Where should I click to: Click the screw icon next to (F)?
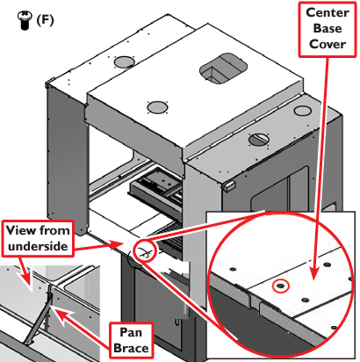click(x=25, y=20)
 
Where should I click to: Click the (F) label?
click(x=45, y=20)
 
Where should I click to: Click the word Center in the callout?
click(x=328, y=12)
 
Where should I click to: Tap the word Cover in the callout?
click(x=328, y=44)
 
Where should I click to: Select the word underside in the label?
click(x=38, y=246)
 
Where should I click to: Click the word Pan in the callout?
click(x=131, y=332)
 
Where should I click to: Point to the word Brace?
click(x=131, y=348)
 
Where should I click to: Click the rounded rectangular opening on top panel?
click(x=223, y=69)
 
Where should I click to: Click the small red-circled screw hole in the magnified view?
click(x=281, y=286)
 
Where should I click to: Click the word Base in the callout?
click(x=328, y=28)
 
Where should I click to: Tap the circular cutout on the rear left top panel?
click(x=124, y=62)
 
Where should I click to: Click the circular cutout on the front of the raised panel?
click(x=157, y=107)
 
